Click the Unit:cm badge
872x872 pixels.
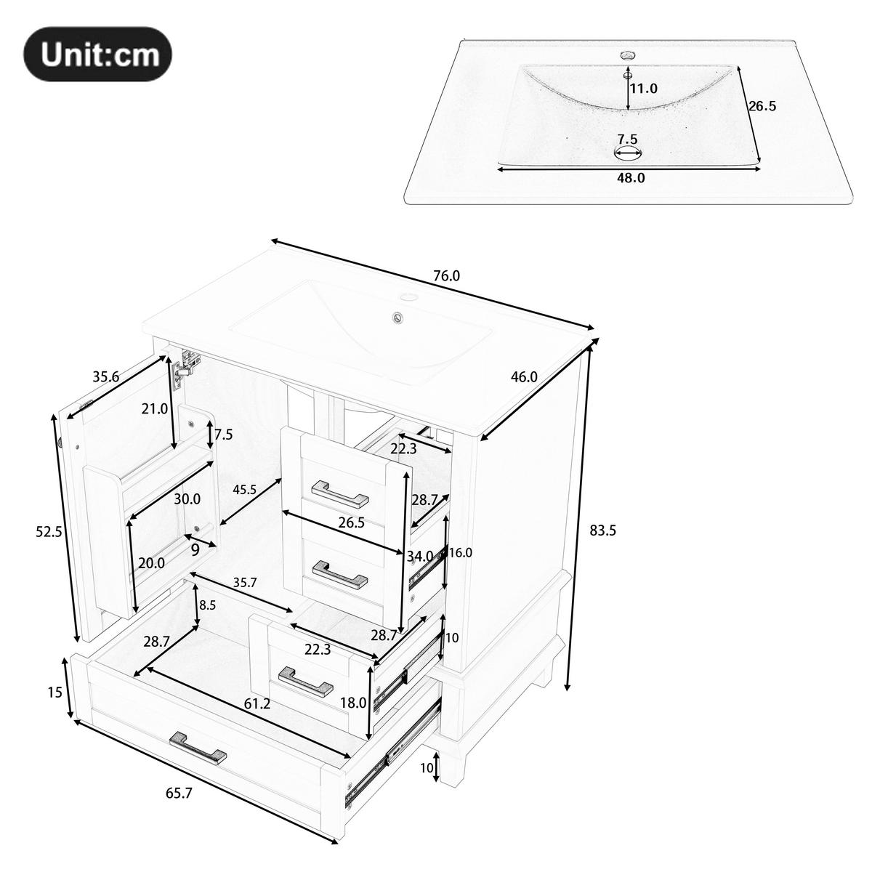tap(98, 54)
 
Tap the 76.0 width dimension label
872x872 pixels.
tap(446, 276)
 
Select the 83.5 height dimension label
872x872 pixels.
tap(602, 530)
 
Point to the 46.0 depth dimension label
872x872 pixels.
tap(524, 376)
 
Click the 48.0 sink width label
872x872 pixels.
tap(631, 177)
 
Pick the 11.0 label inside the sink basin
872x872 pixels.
tap(643, 89)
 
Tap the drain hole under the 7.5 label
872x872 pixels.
tap(629, 153)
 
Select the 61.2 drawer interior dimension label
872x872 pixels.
tap(257, 703)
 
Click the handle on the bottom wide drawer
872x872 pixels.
tap(198, 748)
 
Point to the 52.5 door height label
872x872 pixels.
tap(49, 531)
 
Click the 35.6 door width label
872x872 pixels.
tap(106, 376)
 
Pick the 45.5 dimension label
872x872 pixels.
tap(244, 490)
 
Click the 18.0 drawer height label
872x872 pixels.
tap(353, 703)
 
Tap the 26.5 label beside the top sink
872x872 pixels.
tap(762, 105)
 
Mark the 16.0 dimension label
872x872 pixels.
tap(460, 552)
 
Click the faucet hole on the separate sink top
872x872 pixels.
tap(627, 54)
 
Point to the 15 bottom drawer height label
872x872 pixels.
tap(55, 693)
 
